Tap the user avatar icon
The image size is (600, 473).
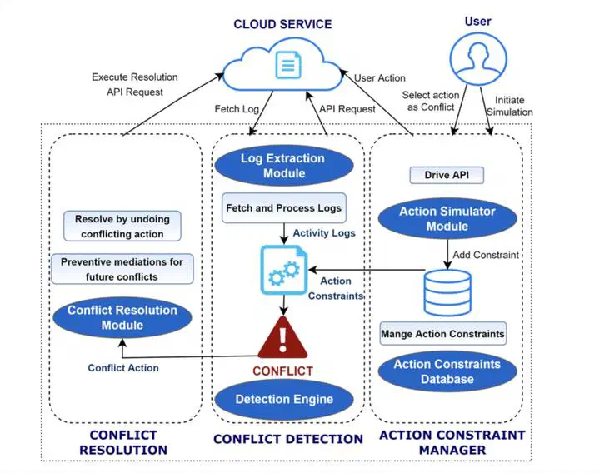(x=477, y=58)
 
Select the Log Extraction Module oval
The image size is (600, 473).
(x=282, y=166)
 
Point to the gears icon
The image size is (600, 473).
(x=284, y=269)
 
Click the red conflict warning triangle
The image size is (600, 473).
(x=283, y=338)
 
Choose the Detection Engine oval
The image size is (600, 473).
(x=283, y=399)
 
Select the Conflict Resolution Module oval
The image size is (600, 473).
(x=122, y=317)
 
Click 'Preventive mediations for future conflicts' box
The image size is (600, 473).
(x=122, y=268)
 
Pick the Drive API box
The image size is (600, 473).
(x=447, y=176)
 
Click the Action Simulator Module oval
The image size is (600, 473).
(x=447, y=218)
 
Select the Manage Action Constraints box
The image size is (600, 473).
(x=442, y=334)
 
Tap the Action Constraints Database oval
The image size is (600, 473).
(x=447, y=371)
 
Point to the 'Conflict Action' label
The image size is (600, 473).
(x=123, y=367)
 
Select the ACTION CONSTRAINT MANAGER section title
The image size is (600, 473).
(x=452, y=442)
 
